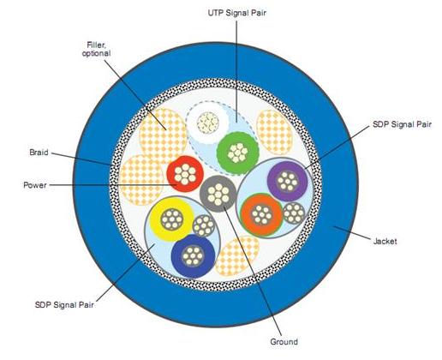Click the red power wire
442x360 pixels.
pos(185,174)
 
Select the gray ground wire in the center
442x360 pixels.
pos(218,194)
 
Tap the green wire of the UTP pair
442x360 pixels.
pos(237,153)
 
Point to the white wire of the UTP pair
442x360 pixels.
pos(208,123)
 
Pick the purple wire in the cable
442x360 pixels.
pos(288,181)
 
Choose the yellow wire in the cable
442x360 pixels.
pos(171,219)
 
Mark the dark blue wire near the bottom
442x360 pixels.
pos(193,255)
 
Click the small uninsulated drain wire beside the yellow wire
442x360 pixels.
pos(204,225)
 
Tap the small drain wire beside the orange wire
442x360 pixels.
pos(294,213)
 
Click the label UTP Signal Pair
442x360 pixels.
pos(236,13)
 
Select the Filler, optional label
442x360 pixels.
pos(96,49)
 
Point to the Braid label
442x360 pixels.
pos(39,153)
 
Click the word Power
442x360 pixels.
pos(35,185)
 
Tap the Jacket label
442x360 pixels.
pos(385,241)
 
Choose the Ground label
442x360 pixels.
pos(284,342)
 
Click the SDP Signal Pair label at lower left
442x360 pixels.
pos(64,305)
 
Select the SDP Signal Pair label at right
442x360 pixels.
pos(402,124)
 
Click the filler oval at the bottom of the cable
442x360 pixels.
pos(237,256)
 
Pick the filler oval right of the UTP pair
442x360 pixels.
pos(275,132)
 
